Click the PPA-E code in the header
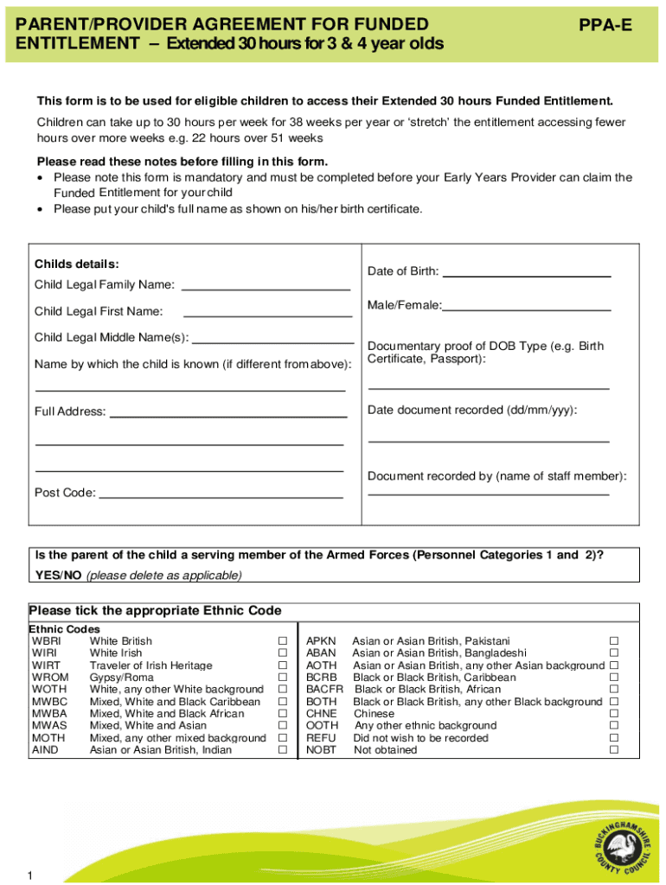[x=605, y=26]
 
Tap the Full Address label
[x=70, y=412]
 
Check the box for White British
[x=282, y=641]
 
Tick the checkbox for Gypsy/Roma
[x=282, y=678]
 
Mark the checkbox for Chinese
[x=614, y=714]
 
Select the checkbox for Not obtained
[x=614, y=750]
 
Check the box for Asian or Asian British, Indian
[x=282, y=750]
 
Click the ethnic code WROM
[x=49, y=678]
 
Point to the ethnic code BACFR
[x=324, y=690]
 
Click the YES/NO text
[x=58, y=575]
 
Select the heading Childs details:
[x=76, y=264]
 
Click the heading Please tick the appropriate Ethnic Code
[x=155, y=611]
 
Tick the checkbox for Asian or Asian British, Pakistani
[x=614, y=641]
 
